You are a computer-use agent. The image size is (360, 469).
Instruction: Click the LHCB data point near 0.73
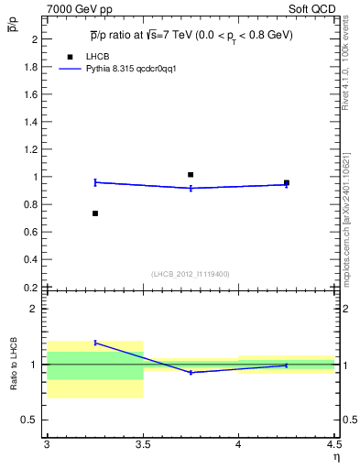tap(95, 213)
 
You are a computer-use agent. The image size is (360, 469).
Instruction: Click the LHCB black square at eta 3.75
tap(191, 174)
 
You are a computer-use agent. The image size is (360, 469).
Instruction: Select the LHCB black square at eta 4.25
tap(287, 182)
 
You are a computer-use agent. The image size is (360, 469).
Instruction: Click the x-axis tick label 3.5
tap(142, 444)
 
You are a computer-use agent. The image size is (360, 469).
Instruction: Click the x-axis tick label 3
tap(47, 444)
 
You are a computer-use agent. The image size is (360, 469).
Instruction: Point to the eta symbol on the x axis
tap(335, 457)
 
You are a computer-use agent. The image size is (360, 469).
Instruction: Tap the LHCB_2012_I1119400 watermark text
tap(190, 273)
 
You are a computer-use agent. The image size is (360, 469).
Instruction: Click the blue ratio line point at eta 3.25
tap(95, 343)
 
